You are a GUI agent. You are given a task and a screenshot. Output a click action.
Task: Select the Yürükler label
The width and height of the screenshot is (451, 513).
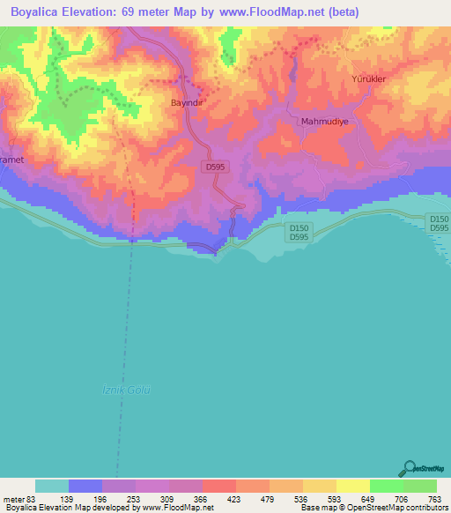coord(369,78)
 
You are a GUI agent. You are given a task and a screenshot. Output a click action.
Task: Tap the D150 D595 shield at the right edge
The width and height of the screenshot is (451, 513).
coord(438,223)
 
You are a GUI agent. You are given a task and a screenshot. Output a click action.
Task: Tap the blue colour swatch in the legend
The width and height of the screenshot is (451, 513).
coord(85,486)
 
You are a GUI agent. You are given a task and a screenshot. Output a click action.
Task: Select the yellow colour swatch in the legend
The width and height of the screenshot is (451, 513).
coord(353,486)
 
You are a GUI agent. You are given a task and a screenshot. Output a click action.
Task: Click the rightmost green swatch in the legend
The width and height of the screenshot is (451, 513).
coord(420,486)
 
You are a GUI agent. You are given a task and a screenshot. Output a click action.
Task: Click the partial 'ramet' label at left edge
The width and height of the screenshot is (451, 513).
coord(11,160)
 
